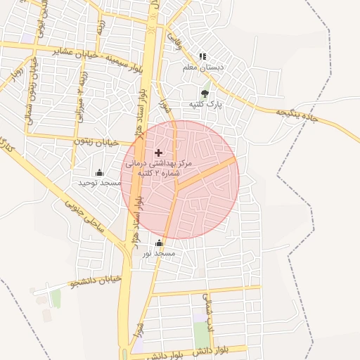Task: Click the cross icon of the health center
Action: tap(158, 152)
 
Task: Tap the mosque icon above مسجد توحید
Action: tap(99, 172)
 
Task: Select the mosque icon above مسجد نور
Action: tap(159, 243)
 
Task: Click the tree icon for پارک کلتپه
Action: tap(205, 93)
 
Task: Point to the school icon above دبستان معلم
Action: tap(202, 56)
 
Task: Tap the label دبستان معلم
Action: tap(203, 67)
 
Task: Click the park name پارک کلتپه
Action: tap(205, 104)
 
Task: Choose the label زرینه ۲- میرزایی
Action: tap(81, 94)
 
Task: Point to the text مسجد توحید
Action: tap(99, 183)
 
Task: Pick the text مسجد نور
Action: tap(159, 254)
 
